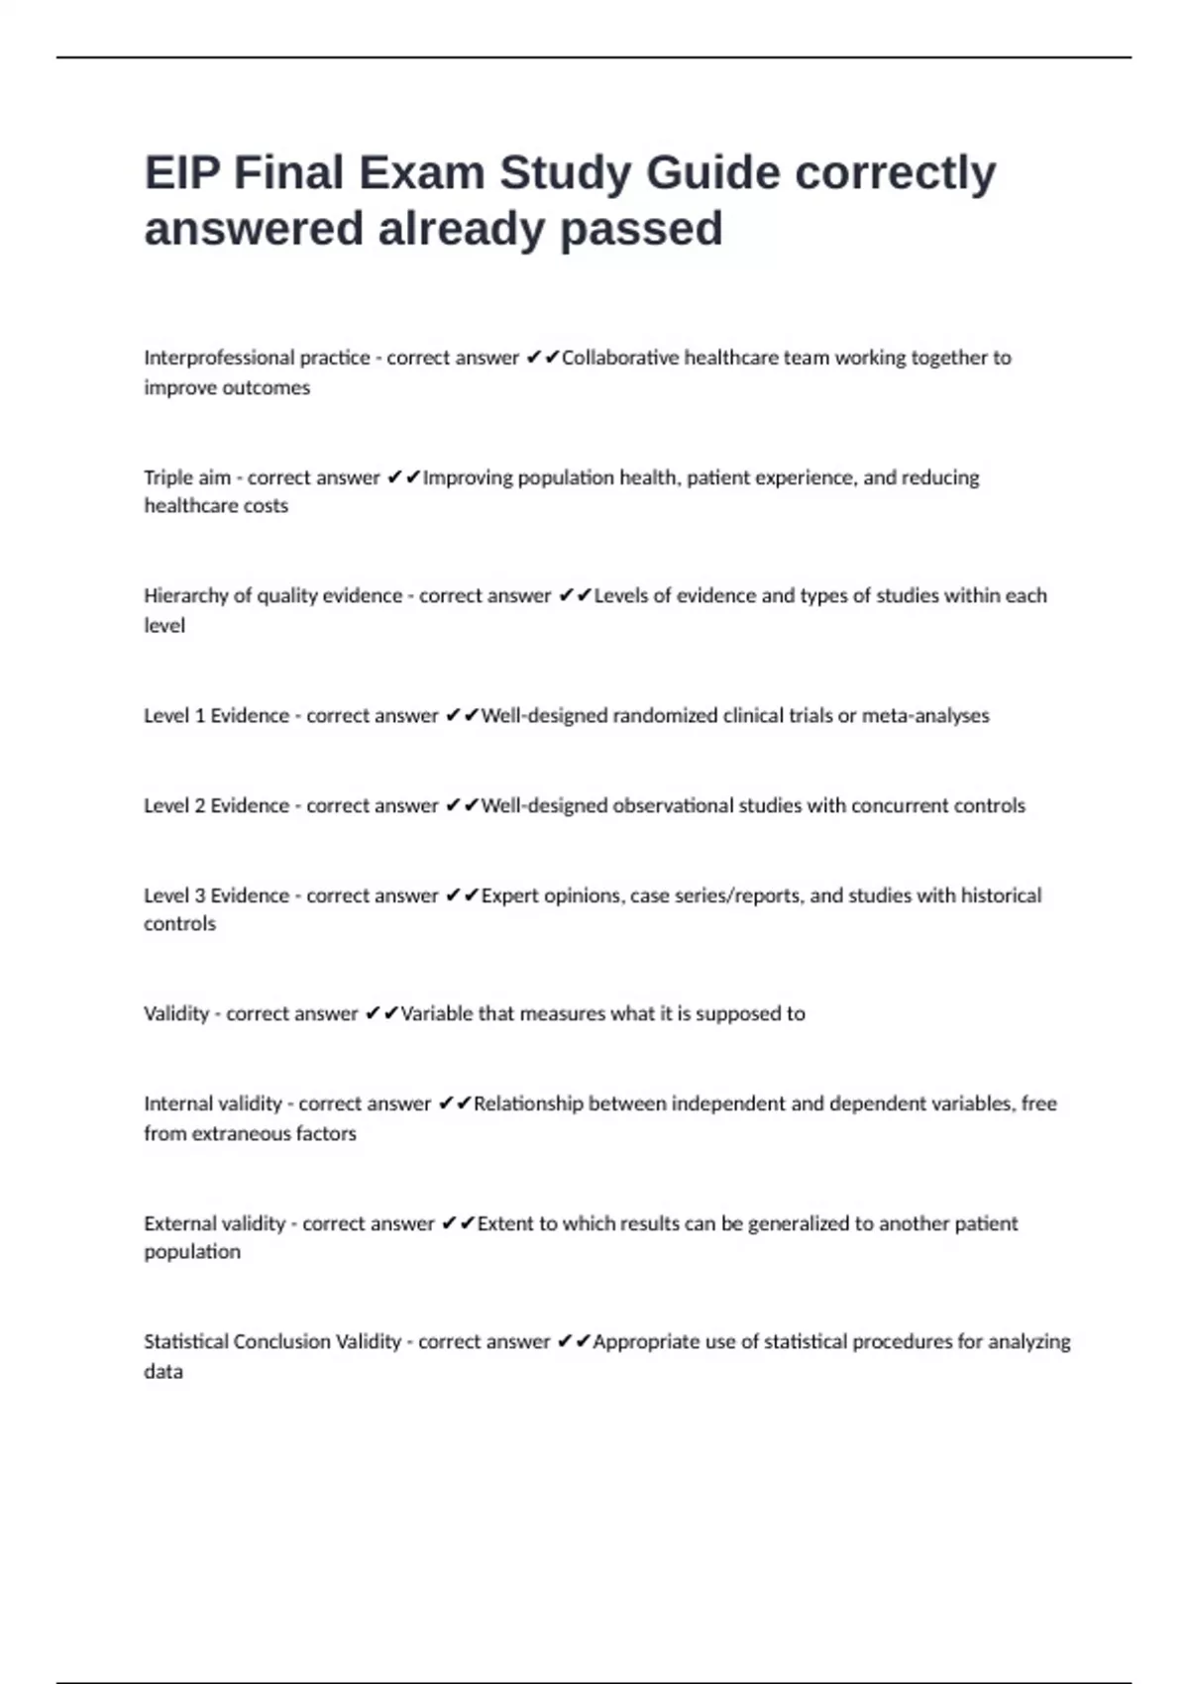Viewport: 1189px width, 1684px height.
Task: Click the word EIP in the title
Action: (x=180, y=173)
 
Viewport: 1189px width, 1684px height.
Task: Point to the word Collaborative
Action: (x=619, y=358)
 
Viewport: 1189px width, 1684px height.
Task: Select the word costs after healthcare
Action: (x=266, y=506)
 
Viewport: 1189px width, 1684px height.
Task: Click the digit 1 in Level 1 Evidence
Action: (x=199, y=716)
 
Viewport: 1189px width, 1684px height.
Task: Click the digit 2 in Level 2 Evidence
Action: (x=199, y=806)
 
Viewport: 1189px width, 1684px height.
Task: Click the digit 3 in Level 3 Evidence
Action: (x=199, y=896)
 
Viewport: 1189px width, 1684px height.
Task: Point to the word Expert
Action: (x=510, y=896)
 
